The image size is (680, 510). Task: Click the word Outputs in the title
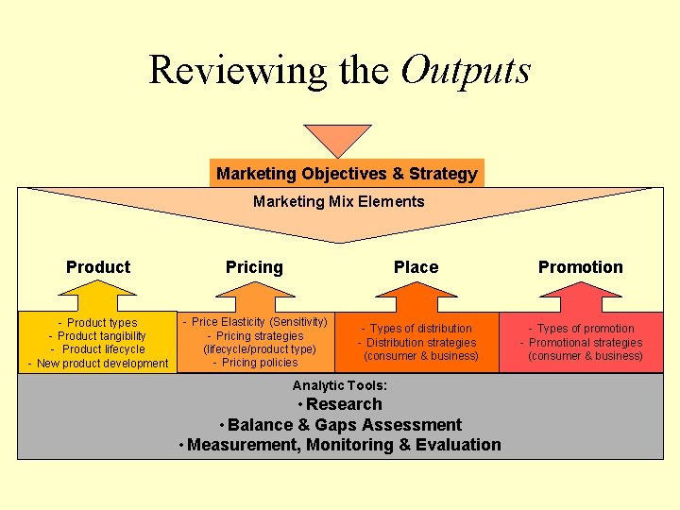coord(466,70)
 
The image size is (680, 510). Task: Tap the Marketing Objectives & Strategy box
coord(347,174)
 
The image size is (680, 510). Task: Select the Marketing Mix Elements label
coord(339,201)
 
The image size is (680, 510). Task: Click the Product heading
coord(98,267)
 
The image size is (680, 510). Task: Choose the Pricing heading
coord(254,267)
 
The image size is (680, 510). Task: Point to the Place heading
coord(416,267)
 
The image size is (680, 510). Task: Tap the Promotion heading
coord(580,267)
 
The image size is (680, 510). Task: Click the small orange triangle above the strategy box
coord(336,140)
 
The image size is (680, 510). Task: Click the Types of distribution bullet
coord(420,329)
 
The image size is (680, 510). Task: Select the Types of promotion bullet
coord(585,329)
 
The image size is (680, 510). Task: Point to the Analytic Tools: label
coord(340,385)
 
